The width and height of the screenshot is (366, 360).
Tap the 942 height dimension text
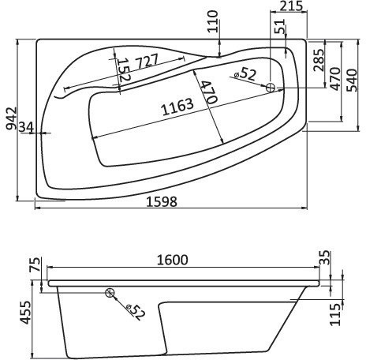click(x=9, y=119)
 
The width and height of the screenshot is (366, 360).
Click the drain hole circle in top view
click(x=271, y=88)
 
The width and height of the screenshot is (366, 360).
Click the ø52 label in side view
click(x=134, y=312)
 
